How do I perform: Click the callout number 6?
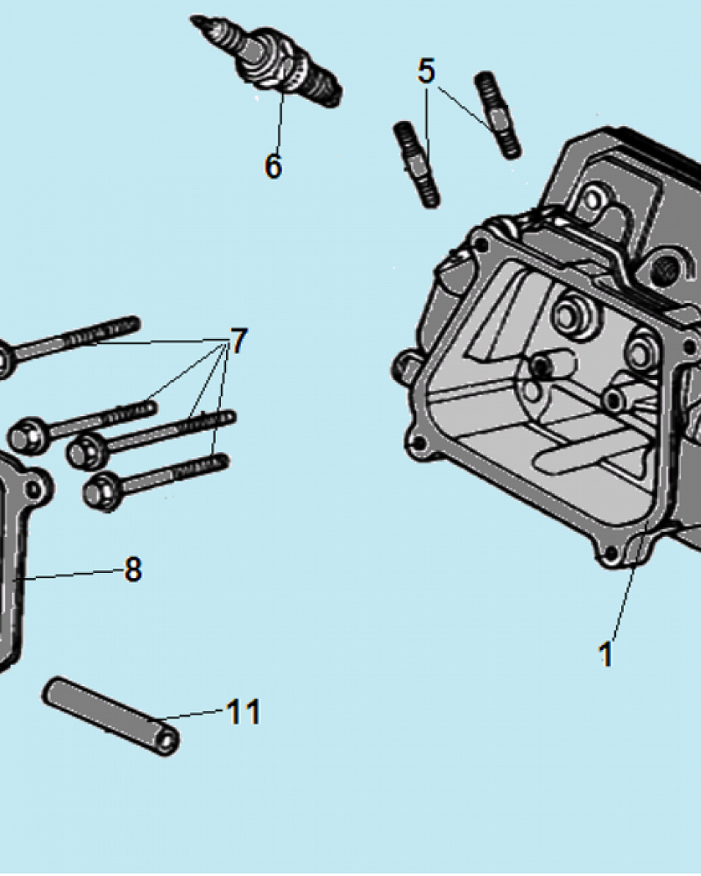tap(273, 166)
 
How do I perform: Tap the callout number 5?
tap(426, 72)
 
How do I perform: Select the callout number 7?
tap(238, 341)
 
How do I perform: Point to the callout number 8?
tap(132, 570)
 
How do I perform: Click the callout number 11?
tap(244, 711)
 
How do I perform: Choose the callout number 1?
tap(605, 653)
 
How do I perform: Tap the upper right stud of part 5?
tap(498, 115)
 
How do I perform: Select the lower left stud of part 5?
tap(417, 165)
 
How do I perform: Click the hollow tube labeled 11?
tap(110, 716)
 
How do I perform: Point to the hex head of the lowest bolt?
tap(103, 491)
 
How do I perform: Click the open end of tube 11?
tap(167, 742)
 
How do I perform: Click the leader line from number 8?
tap(70, 575)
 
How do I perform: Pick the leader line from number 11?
tap(191, 715)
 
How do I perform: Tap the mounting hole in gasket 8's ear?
tap(35, 489)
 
